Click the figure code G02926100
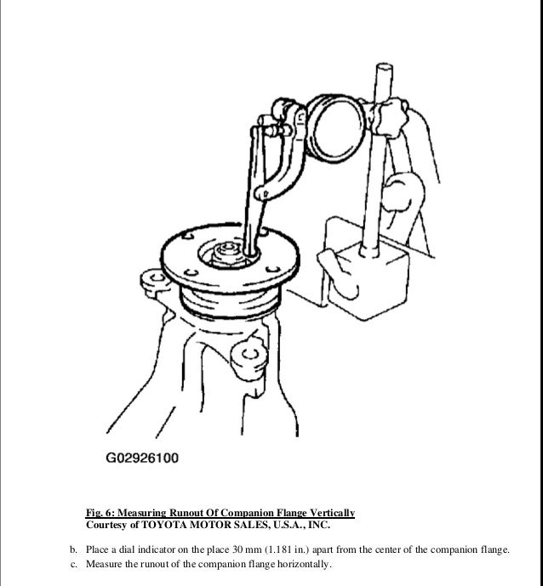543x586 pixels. [142, 458]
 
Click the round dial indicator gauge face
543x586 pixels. [339, 126]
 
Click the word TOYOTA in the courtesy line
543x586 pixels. [163, 525]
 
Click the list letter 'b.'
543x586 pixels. [73, 549]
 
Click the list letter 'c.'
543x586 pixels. [73, 564]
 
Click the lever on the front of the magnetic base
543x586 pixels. [339, 273]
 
